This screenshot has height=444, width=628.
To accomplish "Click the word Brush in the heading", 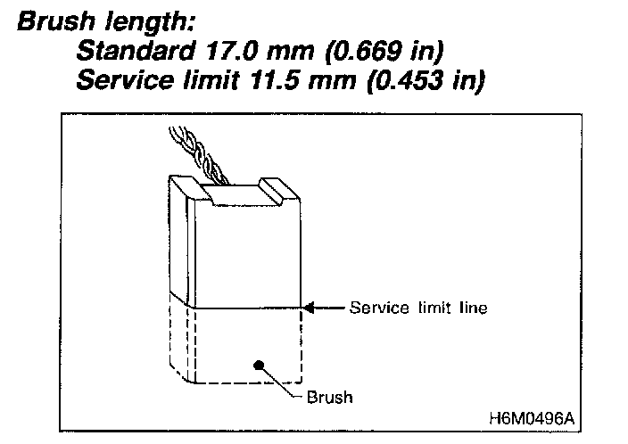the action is point(56,21).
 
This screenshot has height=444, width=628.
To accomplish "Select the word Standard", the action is point(136,51).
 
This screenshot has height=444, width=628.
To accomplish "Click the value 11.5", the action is point(275,79).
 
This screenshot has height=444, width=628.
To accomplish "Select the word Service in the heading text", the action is point(125,79).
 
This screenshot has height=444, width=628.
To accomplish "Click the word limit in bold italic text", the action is point(211,79).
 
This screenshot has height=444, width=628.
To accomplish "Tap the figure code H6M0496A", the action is point(532,419).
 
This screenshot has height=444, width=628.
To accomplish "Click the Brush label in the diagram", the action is point(330,397).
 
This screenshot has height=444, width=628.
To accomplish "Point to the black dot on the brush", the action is point(259,365).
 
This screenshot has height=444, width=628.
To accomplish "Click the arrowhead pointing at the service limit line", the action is point(310,308).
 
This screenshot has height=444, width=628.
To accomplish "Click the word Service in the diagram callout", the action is point(379,308).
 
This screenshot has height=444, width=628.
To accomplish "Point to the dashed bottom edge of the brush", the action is point(247,383).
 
